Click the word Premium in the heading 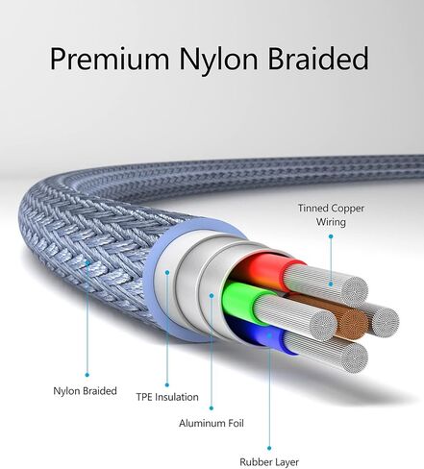click(110, 59)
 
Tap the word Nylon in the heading click(218, 59)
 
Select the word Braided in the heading click(318, 59)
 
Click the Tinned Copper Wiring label click(331, 214)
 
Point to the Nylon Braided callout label click(85, 391)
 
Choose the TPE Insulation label click(167, 397)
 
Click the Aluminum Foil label click(212, 423)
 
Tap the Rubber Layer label click(269, 462)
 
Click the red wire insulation click(269, 268)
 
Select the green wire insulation click(243, 301)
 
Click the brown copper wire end click(352, 323)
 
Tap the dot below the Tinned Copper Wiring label click(331, 236)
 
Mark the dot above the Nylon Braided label click(87, 375)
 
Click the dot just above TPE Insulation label click(167, 384)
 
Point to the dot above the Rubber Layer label click(269, 448)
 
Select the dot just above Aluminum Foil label click(212, 407)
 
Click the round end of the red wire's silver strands click(353, 291)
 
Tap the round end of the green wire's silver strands click(323, 325)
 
